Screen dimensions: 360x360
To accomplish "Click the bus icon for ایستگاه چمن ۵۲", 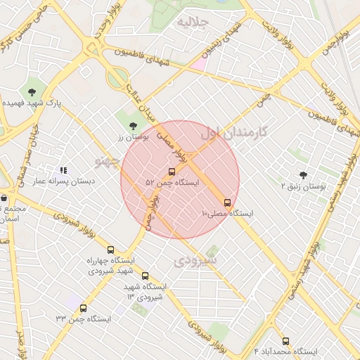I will coord(172,172).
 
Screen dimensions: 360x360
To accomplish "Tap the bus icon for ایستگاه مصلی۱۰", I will coord(226,202).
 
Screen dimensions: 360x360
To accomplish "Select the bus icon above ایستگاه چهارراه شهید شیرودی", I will coord(110,250).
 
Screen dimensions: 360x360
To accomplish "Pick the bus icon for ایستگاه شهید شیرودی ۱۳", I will coord(145,276).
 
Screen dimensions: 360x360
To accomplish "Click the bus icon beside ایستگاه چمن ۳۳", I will coord(84,308).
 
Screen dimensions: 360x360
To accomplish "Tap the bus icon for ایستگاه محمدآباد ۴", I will coord(285,341).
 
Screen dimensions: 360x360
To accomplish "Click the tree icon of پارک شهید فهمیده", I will coord(32,92).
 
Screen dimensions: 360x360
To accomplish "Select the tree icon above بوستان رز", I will coord(133,127).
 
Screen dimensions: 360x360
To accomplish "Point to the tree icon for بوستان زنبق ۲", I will coord(303,175).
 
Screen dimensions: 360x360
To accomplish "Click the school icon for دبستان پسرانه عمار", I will coord(63,170).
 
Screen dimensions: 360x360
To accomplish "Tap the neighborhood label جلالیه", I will coord(193,22).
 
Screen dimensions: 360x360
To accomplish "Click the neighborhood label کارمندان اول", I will coord(235,131).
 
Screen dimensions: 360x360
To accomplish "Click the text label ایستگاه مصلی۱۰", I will coord(228,212).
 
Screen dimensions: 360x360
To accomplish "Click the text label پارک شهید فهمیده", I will coord(32,103).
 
